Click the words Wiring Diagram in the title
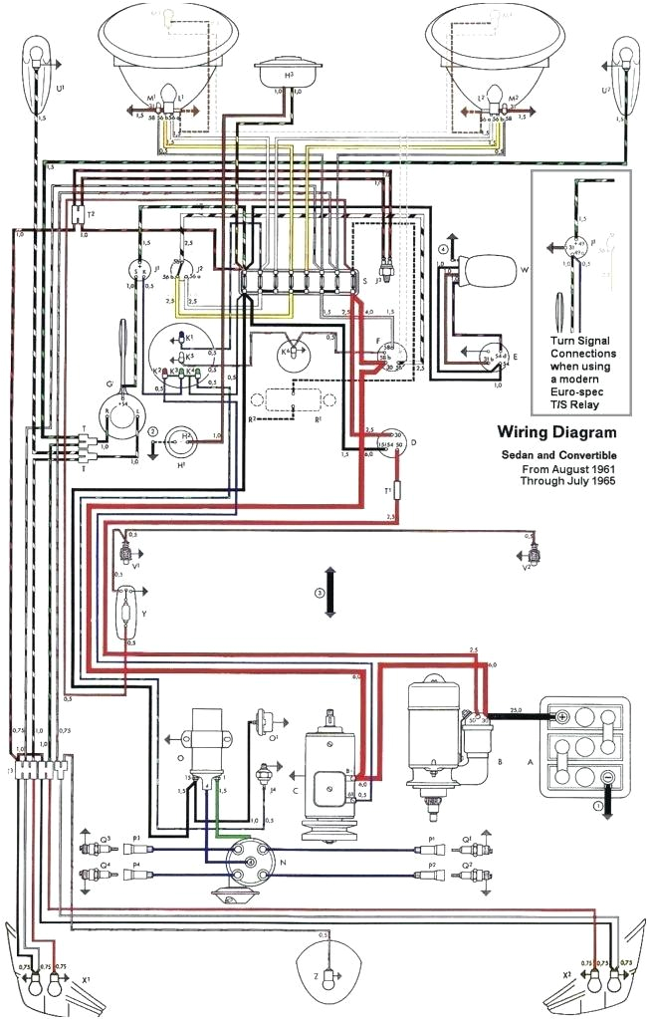click(555, 432)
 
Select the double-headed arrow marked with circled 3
click(329, 594)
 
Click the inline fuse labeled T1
click(397, 489)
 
